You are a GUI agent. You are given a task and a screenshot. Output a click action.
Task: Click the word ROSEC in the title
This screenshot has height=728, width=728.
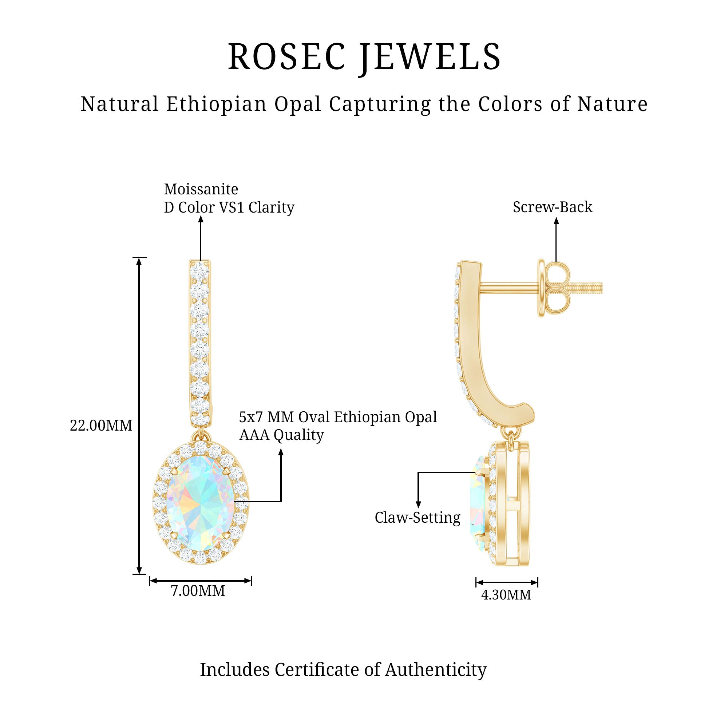(287, 57)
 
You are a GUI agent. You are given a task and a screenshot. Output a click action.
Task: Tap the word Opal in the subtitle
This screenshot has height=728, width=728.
(297, 104)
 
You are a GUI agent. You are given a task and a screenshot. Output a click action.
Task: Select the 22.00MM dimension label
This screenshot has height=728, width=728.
(101, 426)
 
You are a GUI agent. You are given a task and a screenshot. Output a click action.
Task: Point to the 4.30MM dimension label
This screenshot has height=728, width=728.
(506, 595)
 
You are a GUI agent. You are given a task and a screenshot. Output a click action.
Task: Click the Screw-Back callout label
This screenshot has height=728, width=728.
(553, 207)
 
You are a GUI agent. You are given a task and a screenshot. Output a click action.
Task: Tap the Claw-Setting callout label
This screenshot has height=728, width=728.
(418, 518)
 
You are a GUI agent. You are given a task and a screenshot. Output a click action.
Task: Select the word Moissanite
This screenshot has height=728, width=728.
(201, 189)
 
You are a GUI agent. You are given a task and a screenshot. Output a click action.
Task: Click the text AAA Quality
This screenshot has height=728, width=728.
(281, 435)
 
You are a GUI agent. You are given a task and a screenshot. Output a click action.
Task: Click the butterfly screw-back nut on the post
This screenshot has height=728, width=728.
(554, 288)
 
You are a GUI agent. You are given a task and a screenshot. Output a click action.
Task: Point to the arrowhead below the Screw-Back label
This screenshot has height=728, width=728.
(556, 221)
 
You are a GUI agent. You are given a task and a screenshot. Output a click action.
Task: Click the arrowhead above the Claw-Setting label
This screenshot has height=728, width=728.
(418, 505)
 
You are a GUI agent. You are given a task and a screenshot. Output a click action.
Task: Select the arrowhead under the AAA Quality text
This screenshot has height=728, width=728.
(281, 452)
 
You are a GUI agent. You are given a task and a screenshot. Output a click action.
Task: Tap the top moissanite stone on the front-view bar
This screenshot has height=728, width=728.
(200, 270)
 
